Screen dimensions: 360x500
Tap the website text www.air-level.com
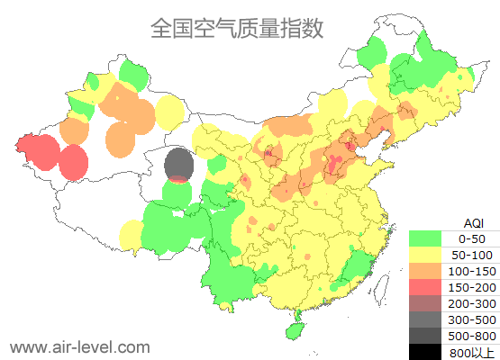[x=79, y=346]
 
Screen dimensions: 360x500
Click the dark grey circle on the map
[x=180, y=165]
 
